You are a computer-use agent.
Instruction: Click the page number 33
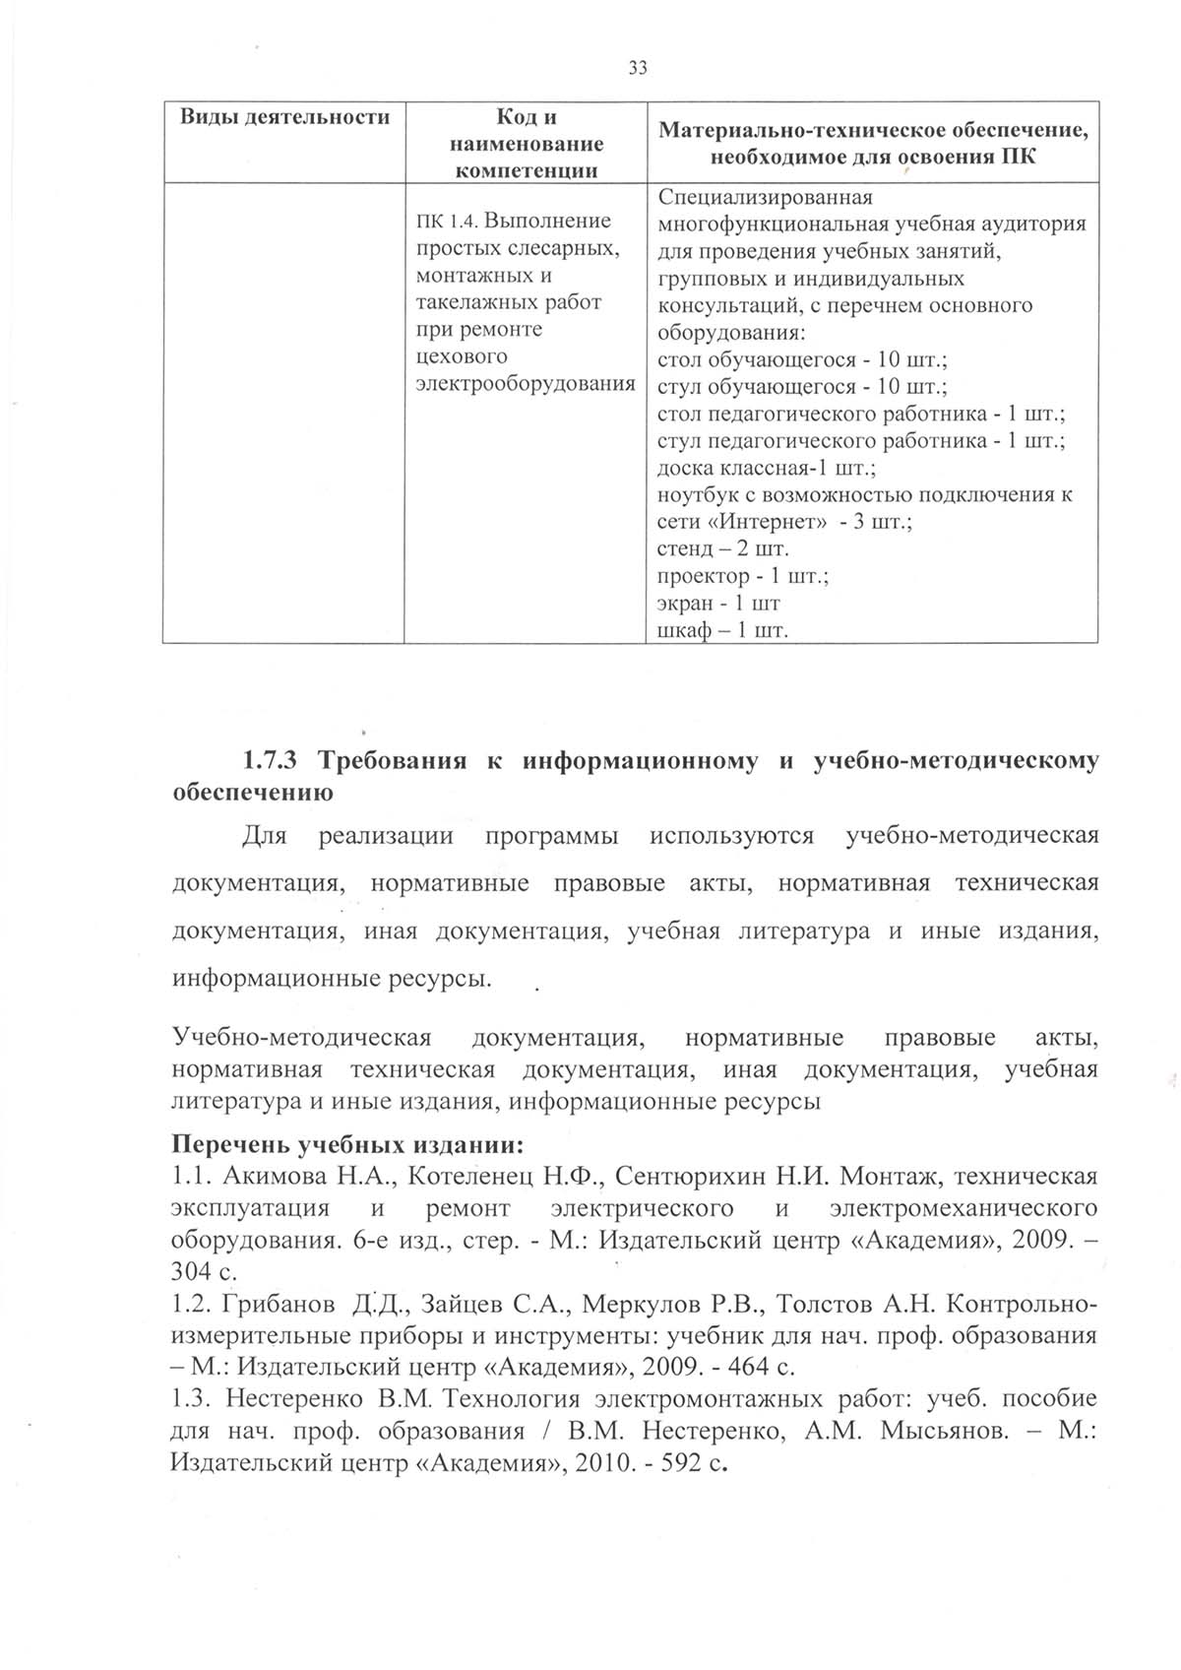[x=637, y=68]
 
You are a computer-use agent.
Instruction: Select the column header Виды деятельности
[x=284, y=117]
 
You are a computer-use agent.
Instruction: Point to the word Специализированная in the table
[x=765, y=197]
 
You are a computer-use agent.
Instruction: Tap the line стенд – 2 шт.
[x=722, y=548]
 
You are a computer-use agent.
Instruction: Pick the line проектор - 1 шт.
[x=742, y=575]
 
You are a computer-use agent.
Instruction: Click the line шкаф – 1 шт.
[x=722, y=629]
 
